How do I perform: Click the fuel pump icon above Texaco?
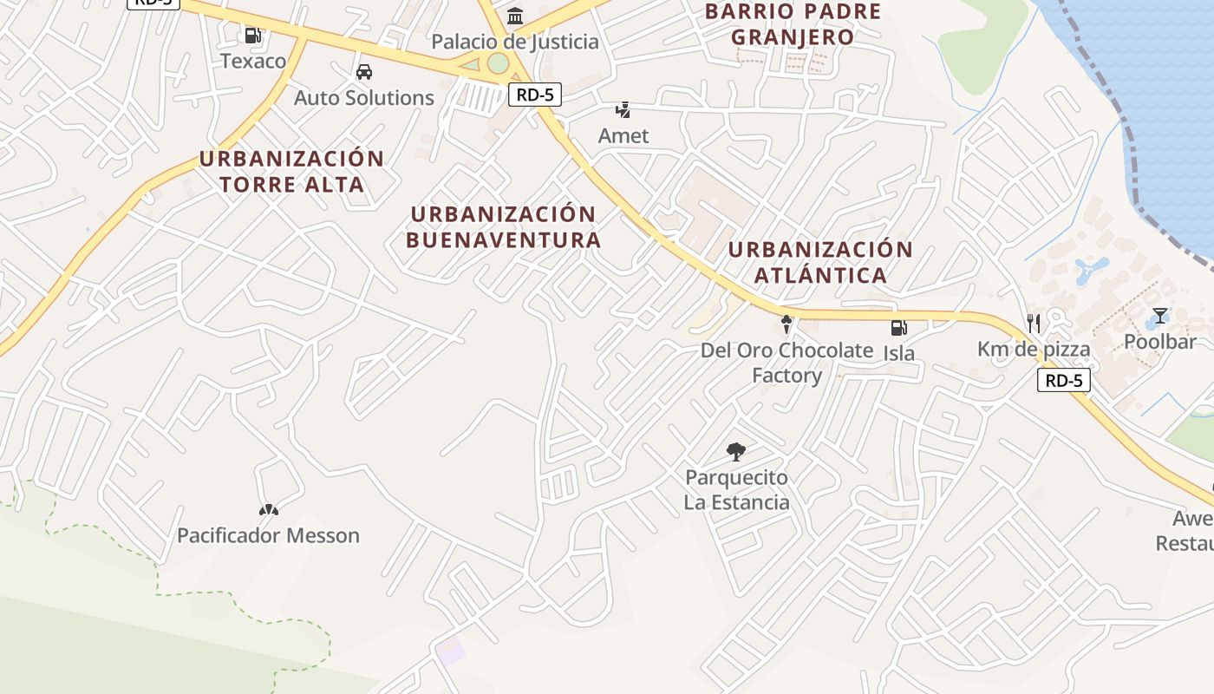point(252,36)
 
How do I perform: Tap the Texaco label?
point(252,61)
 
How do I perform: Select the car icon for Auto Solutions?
point(364,72)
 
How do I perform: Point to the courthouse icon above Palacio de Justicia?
point(515,16)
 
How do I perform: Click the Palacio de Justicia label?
point(515,42)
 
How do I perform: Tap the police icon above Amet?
point(623,110)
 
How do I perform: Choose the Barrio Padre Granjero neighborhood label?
point(793,24)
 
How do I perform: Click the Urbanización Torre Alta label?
point(291,172)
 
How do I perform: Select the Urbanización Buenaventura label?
point(503,227)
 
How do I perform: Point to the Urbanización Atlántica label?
point(820,262)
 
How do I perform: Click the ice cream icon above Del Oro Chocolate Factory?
point(786,324)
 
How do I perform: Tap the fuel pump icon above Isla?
point(898,328)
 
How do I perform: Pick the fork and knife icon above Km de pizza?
point(1033,324)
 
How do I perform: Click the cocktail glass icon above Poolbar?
point(1159,316)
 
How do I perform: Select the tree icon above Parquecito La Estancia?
point(736,451)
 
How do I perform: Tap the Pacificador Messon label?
point(268,535)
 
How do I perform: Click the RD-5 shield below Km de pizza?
point(1063,380)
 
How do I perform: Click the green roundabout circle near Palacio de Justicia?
point(498,63)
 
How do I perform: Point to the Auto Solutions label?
point(364,97)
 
